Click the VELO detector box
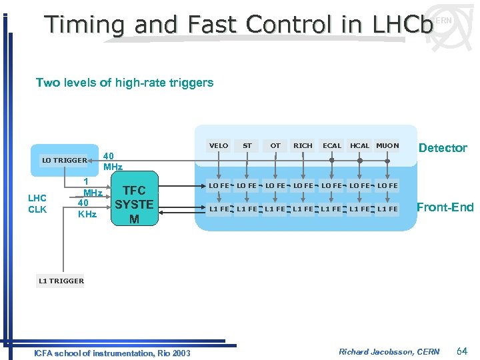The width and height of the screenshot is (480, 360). tap(219, 145)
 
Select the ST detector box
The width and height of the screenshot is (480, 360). tap(247, 145)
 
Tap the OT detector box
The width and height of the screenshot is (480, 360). tap(275, 145)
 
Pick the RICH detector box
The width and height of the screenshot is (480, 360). tap(303, 145)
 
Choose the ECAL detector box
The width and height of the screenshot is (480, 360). tap(331, 145)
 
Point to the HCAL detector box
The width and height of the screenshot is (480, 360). tap(360, 145)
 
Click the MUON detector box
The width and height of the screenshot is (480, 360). tap(387, 145)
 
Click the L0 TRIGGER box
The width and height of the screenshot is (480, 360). tap(65, 160)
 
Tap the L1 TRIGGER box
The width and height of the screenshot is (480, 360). tap(61, 281)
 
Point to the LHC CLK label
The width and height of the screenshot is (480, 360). tap(37, 204)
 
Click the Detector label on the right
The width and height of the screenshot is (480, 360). tap(442, 148)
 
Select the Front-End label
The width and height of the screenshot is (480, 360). tap(445, 207)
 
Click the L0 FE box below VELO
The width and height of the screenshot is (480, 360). tap(219, 185)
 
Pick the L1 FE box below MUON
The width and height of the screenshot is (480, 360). tap(387, 209)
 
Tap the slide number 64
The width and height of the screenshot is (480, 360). tap(462, 351)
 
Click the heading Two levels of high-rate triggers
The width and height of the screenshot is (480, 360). tap(125, 83)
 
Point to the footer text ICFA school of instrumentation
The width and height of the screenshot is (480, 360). tap(93, 353)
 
